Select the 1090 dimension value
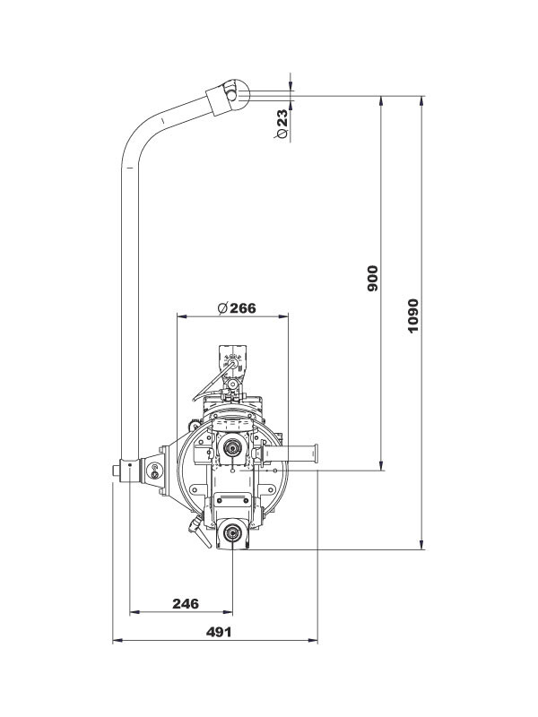(412, 315)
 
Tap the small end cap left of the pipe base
(117, 471)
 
